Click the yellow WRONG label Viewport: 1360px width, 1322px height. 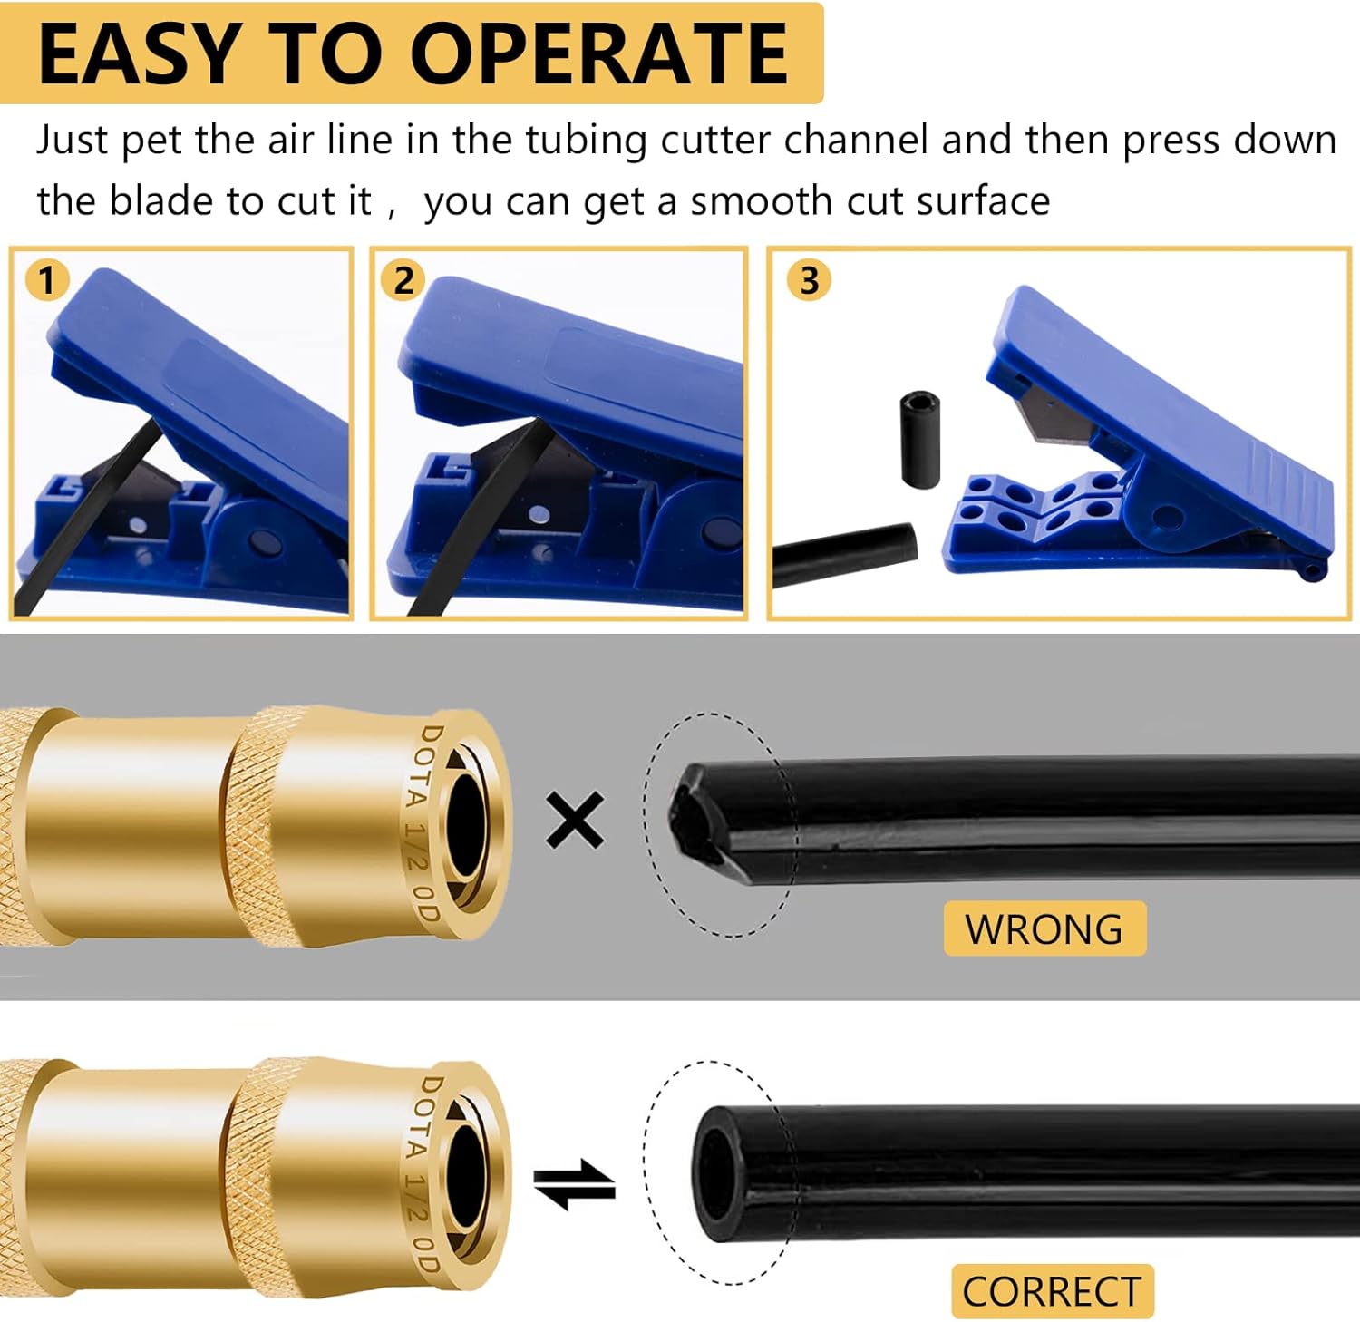pyautogui.click(x=1044, y=929)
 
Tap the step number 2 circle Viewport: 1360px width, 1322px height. pyautogui.click(x=403, y=280)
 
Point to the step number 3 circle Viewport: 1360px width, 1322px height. pyautogui.click(x=809, y=280)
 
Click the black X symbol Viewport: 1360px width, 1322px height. pyautogui.click(x=575, y=820)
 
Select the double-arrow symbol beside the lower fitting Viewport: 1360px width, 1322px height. pyautogui.click(x=574, y=1184)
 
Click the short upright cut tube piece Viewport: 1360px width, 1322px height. pyautogui.click(x=919, y=439)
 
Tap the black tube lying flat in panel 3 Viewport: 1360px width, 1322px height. pyautogui.click(x=843, y=553)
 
